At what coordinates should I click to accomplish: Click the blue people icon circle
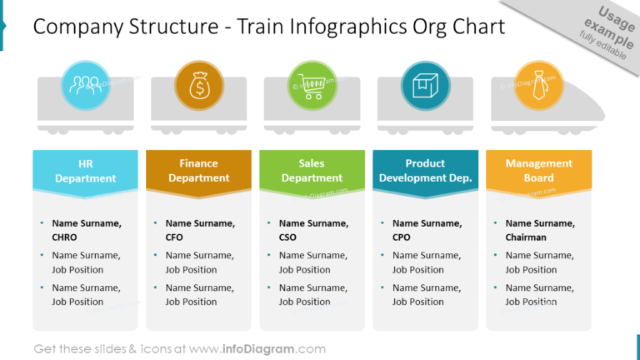click(86, 84)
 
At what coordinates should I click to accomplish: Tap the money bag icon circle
click(199, 84)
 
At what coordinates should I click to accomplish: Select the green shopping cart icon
click(312, 84)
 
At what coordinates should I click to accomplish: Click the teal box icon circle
click(426, 84)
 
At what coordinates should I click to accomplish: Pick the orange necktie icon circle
click(538, 84)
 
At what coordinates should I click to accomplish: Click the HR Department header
click(86, 171)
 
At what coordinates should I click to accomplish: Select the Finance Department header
click(198, 171)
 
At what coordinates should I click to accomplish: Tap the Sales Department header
click(312, 171)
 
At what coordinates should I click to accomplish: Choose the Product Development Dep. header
click(425, 171)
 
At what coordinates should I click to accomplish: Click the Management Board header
click(538, 171)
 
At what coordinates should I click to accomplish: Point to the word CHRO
click(64, 237)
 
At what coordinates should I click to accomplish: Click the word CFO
click(175, 237)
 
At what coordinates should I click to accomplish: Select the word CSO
click(288, 237)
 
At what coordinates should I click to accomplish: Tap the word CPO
click(402, 237)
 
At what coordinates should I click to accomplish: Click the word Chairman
click(526, 237)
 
